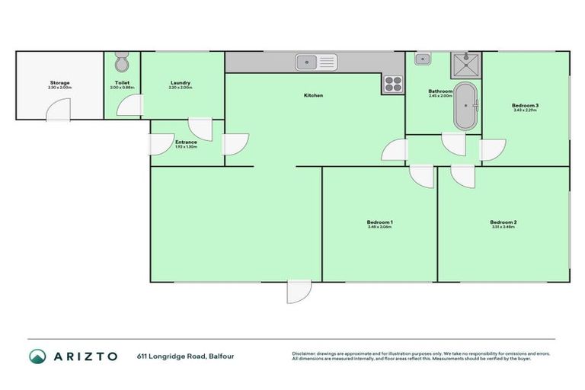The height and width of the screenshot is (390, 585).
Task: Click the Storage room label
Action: click(x=60, y=82)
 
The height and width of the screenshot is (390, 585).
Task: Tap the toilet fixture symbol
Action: click(x=123, y=62)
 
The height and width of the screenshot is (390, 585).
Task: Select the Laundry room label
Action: click(x=181, y=82)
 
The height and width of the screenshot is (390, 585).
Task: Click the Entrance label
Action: click(x=186, y=142)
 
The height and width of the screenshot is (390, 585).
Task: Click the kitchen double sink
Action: click(x=316, y=61)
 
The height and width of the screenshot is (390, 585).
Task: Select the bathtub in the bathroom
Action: click(x=465, y=107)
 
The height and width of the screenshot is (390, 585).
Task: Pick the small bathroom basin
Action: click(x=422, y=58)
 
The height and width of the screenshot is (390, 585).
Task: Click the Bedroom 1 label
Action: click(x=379, y=222)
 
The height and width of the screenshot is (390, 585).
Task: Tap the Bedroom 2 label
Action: click(x=503, y=222)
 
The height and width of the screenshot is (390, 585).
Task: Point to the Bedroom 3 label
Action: click(x=525, y=104)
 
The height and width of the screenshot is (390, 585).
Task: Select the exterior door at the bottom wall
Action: click(x=299, y=292)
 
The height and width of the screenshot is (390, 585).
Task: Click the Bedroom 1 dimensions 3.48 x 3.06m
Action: click(x=379, y=227)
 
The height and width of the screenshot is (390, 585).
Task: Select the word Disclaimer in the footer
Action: click(x=305, y=353)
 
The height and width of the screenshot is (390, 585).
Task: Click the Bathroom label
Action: click(x=440, y=91)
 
